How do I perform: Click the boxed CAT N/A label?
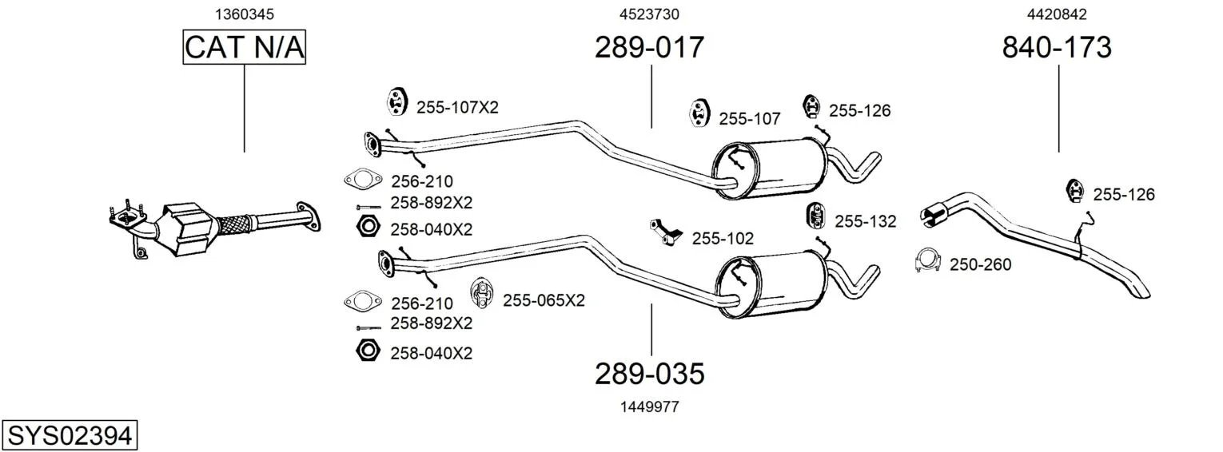pyautogui.click(x=244, y=47)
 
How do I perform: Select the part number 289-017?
pyautogui.click(x=649, y=47)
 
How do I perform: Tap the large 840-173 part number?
pyautogui.click(x=1057, y=47)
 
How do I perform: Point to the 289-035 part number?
pyautogui.click(x=649, y=374)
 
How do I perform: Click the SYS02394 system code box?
pyautogui.click(x=70, y=435)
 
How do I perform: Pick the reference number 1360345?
pyautogui.click(x=244, y=14)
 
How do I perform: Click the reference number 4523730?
pyautogui.click(x=649, y=14)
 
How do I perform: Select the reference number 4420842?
pyautogui.click(x=1057, y=14)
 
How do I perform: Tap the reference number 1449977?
pyautogui.click(x=649, y=406)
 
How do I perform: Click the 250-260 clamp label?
pyautogui.click(x=980, y=264)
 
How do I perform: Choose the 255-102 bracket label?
pyautogui.click(x=723, y=238)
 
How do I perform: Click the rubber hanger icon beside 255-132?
pyautogui.click(x=815, y=216)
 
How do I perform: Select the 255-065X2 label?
pyautogui.click(x=544, y=300)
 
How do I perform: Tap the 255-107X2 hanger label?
pyautogui.click(x=457, y=108)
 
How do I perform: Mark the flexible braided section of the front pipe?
pyautogui.click(x=236, y=224)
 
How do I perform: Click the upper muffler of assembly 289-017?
pyautogui.click(x=770, y=169)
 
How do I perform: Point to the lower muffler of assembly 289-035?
pyautogui.click(x=771, y=285)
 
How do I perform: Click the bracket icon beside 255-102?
pyautogui.click(x=666, y=231)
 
